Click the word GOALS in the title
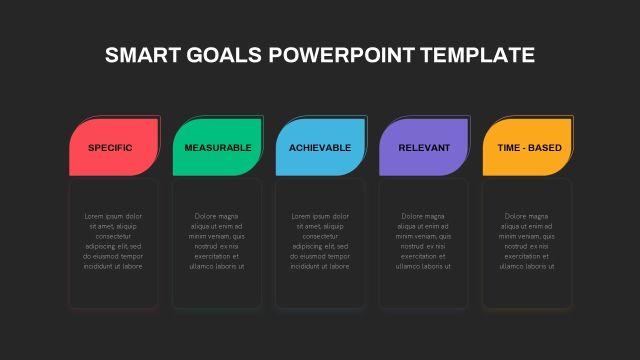pos(223,55)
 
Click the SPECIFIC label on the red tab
pos(110,148)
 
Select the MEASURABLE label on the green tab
pos(218,148)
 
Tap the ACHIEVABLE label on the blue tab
pos(320,148)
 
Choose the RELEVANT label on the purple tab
pos(424,148)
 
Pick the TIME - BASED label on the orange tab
pos(529,148)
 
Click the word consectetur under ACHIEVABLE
pos(320,236)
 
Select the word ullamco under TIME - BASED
pos(512,266)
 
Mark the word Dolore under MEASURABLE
pos(205,216)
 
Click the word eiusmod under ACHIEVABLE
pos(317,256)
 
